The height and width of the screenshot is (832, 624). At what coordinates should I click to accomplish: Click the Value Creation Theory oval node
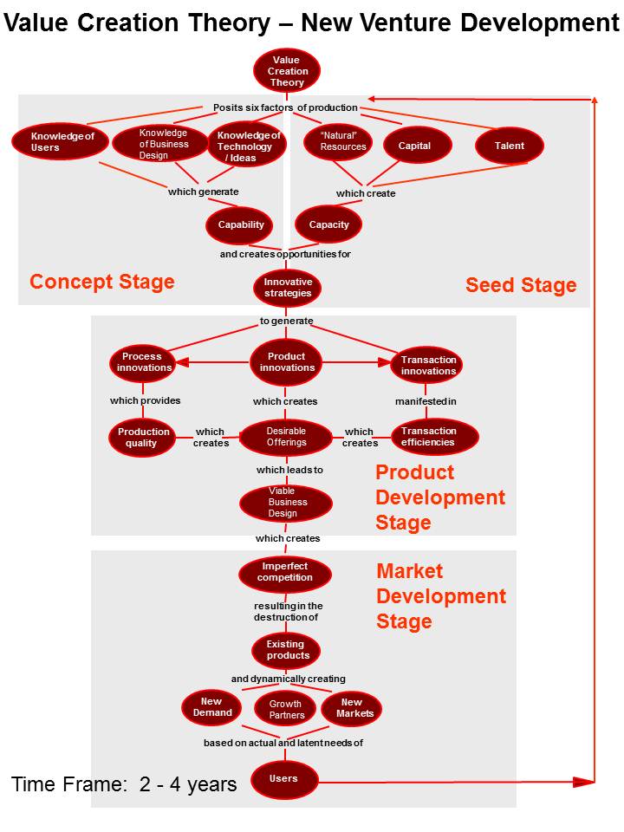click(x=287, y=72)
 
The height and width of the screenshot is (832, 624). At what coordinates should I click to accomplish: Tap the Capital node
click(x=414, y=146)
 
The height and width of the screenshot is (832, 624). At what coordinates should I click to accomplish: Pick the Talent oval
click(x=510, y=146)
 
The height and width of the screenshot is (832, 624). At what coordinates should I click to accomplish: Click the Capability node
click(x=240, y=225)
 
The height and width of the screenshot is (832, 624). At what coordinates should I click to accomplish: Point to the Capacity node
click(x=329, y=225)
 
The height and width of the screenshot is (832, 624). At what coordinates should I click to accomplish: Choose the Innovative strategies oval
click(x=288, y=289)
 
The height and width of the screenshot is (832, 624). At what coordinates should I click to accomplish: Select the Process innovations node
click(x=142, y=362)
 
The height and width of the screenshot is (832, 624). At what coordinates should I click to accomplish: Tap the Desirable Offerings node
click(x=286, y=437)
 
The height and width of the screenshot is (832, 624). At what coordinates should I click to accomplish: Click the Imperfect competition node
click(x=284, y=572)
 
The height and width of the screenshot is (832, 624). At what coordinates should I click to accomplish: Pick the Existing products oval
click(x=287, y=650)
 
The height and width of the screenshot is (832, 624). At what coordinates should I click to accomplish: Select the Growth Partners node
click(x=287, y=710)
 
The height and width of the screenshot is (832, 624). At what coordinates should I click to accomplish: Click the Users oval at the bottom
click(x=284, y=779)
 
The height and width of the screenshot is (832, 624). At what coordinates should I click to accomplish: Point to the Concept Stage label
click(x=102, y=282)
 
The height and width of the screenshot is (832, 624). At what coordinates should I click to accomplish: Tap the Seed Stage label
click(x=521, y=285)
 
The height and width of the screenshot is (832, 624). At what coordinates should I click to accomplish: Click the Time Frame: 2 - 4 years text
click(x=124, y=784)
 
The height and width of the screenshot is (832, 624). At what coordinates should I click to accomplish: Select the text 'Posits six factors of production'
click(x=285, y=107)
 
